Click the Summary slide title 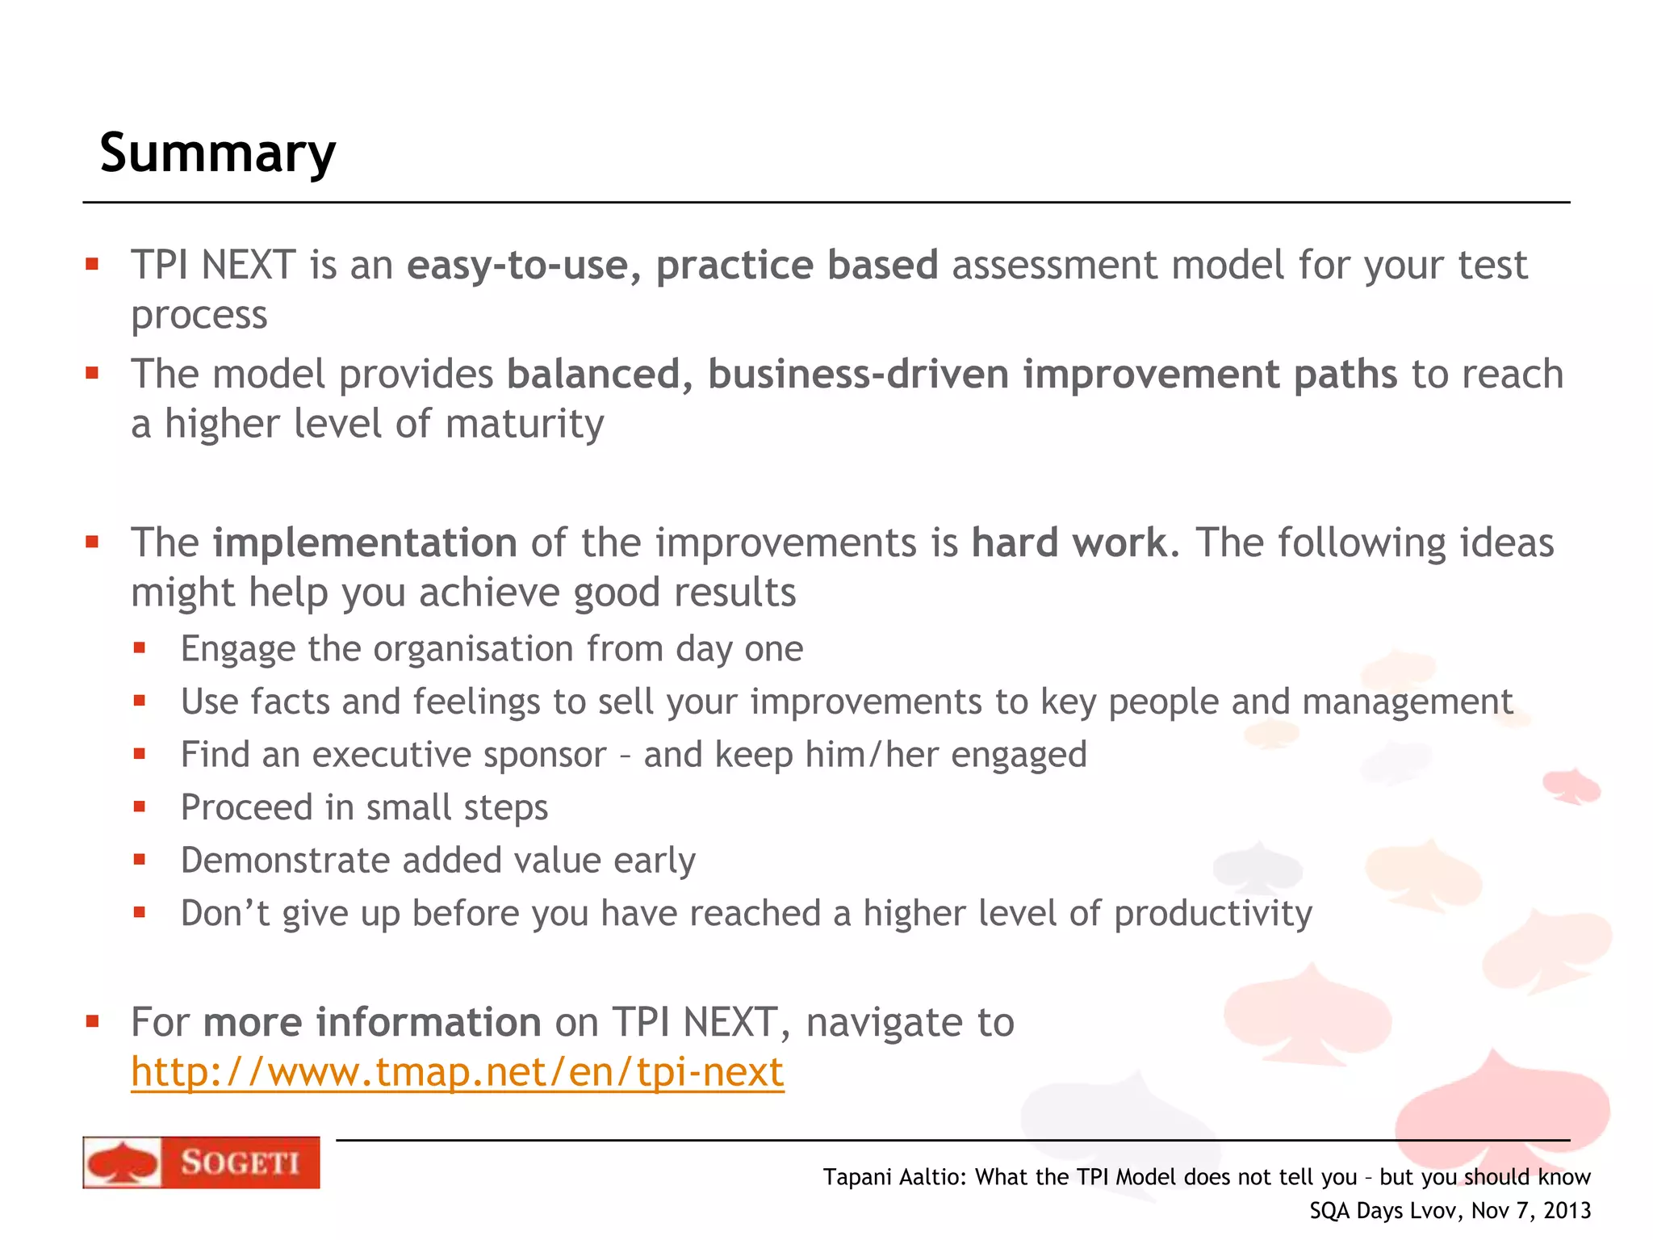(217, 153)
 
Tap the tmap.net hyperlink (457, 1072)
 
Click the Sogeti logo (201, 1162)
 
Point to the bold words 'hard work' (1069, 542)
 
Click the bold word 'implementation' (365, 542)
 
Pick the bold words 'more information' (372, 1022)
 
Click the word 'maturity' (524, 424)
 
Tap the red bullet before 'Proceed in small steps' (140, 806)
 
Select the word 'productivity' (1212, 914)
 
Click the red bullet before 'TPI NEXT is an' (92, 264)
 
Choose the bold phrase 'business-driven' (858, 375)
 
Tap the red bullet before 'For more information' (92, 1022)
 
